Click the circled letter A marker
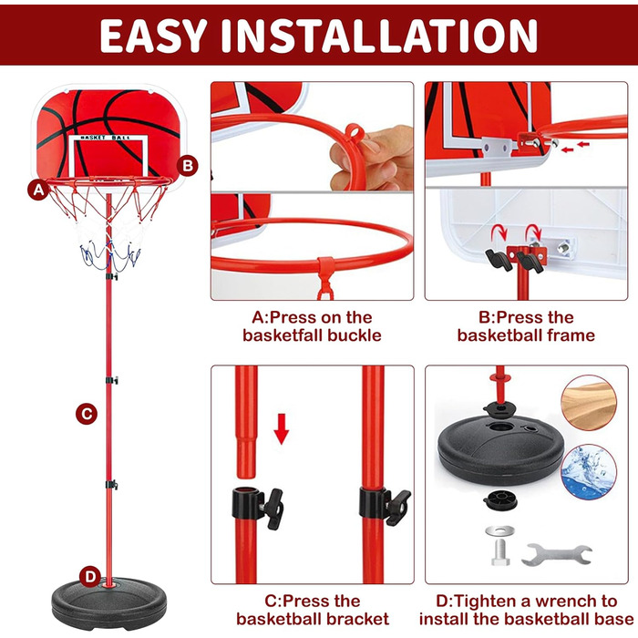pos(38,190)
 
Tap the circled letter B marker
pos(188,166)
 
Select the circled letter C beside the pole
pos(87,414)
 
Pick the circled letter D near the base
pos(90,576)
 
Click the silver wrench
pos(557,554)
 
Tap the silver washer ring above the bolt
pos(499,530)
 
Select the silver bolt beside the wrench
pos(500,552)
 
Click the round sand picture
pos(589,403)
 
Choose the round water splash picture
pos(589,471)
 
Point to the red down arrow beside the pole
pos(281,429)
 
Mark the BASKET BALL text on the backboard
pos(106,138)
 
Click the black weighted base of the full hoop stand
pos(109,603)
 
